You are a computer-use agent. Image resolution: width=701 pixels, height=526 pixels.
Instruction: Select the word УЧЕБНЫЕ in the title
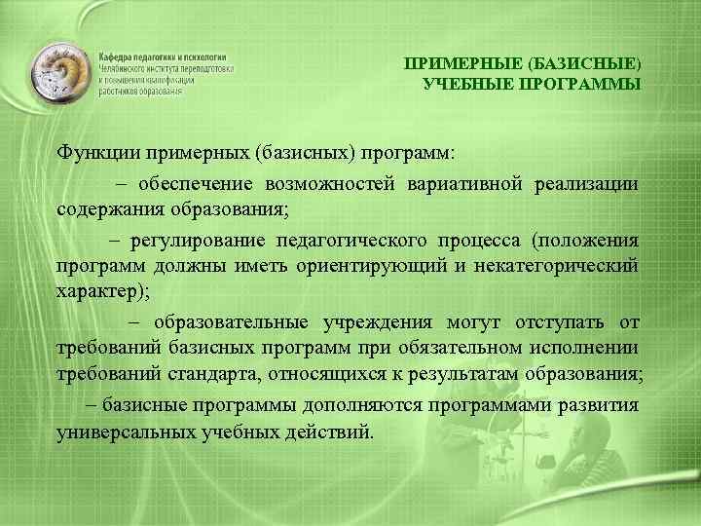click(465, 84)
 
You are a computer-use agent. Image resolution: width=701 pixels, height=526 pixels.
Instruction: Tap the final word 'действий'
click(332, 430)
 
